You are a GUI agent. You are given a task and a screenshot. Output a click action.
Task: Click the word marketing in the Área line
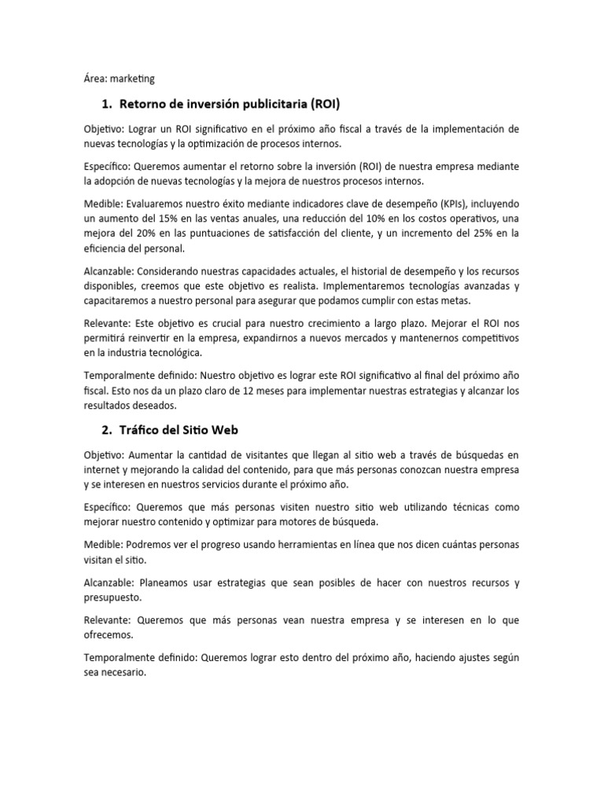(x=132, y=79)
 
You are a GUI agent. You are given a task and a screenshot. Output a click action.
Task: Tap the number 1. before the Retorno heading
(x=107, y=104)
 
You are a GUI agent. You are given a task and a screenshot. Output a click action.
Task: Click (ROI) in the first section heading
(x=325, y=104)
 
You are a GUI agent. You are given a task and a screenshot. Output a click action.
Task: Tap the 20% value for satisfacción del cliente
(x=164, y=233)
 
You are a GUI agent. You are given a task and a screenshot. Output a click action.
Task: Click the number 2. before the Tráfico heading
(x=107, y=430)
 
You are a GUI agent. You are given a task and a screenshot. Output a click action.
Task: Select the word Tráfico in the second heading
(x=140, y=430)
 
